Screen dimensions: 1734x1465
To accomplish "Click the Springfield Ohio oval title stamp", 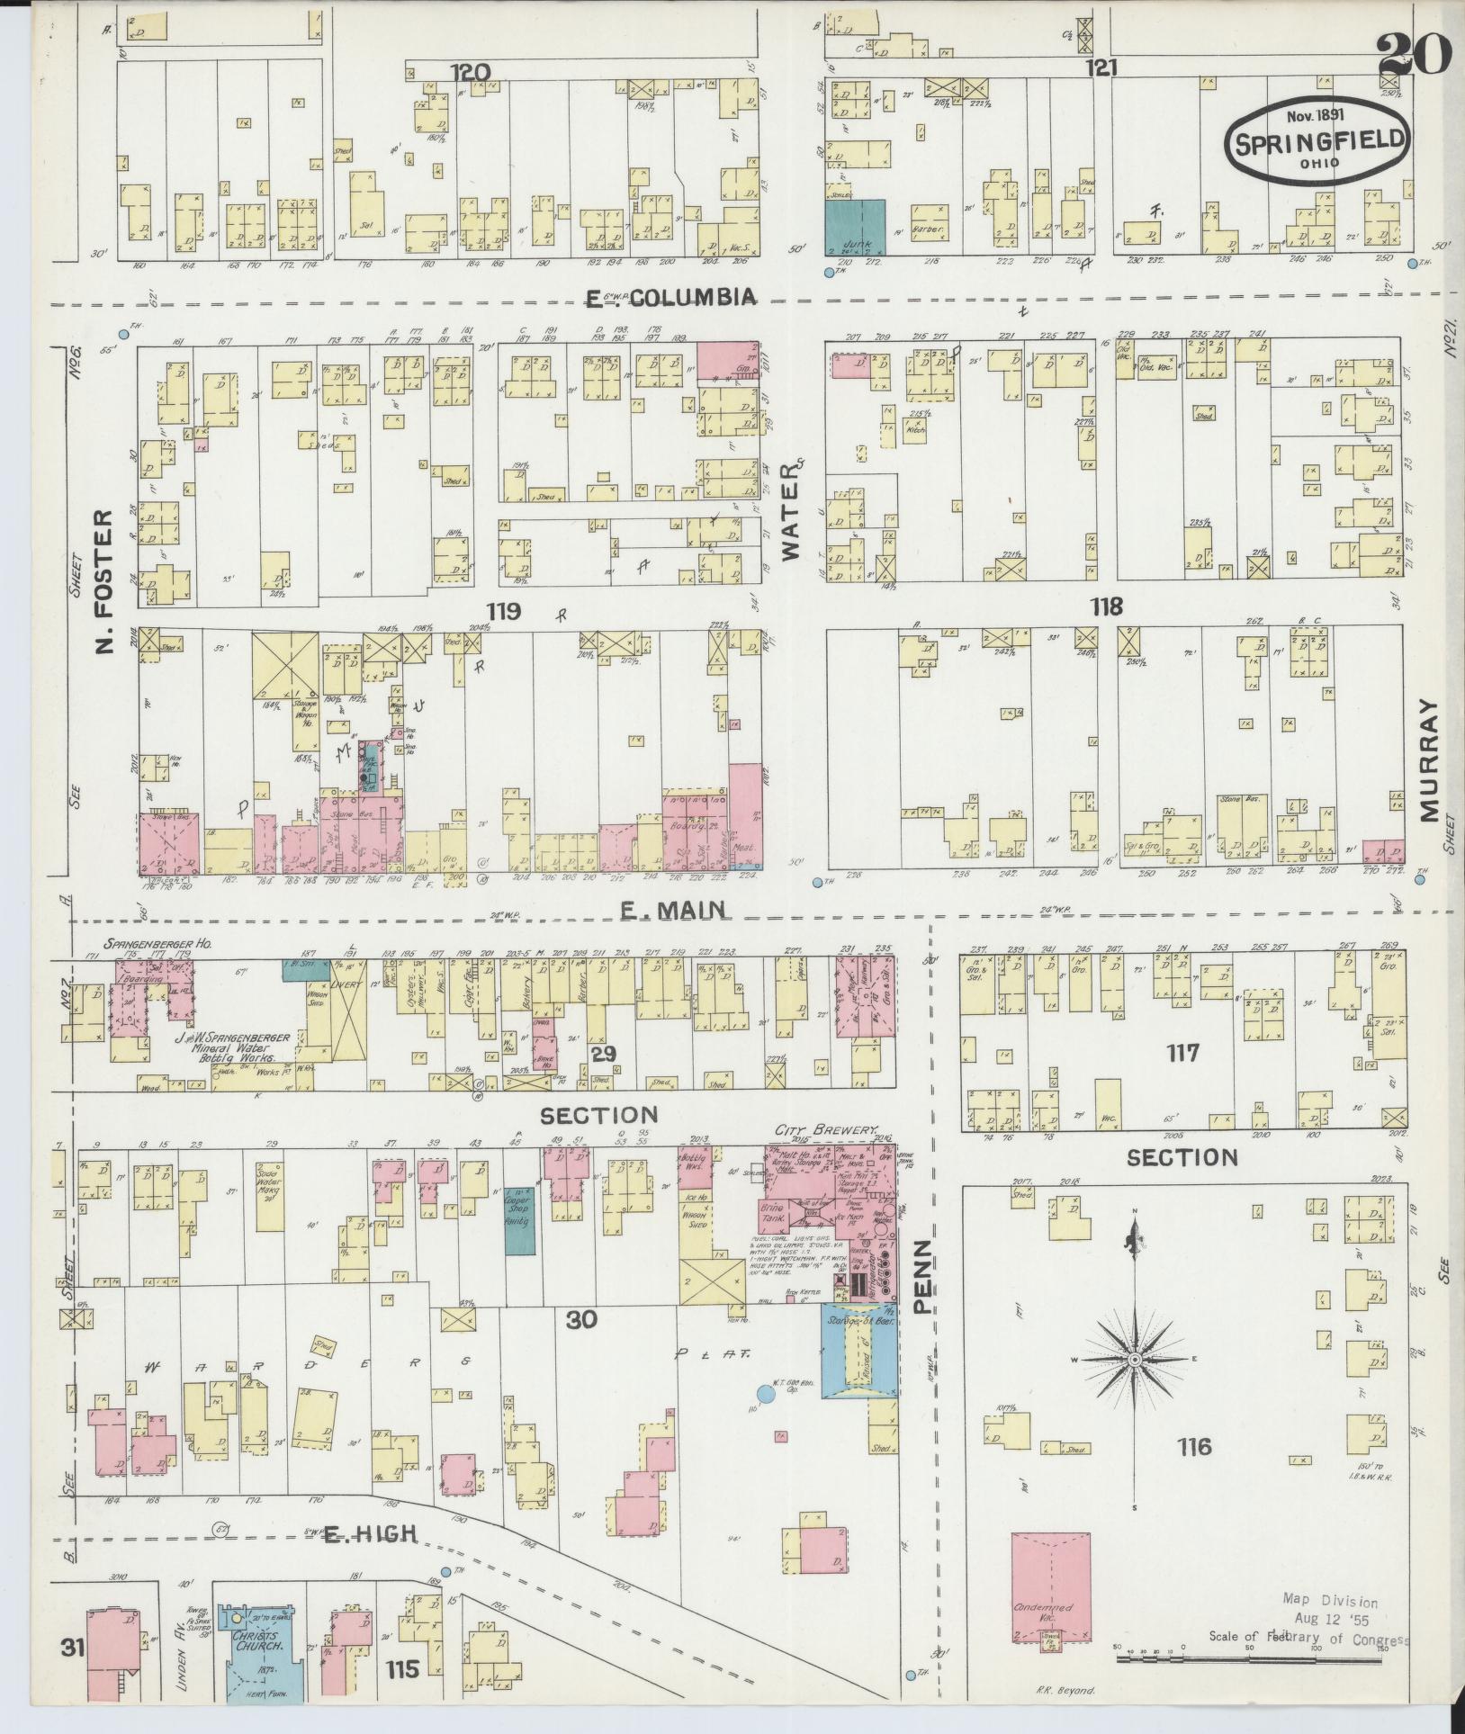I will tap(1316, 139).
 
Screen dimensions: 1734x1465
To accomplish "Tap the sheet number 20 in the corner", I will tap(1415, 56).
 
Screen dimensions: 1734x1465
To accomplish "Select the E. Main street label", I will tap(674, 910).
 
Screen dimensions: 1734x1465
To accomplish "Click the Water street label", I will tap(791, 512).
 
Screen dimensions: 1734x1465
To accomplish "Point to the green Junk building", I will tap(855, 228).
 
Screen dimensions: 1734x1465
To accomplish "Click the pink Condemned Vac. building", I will tap(1052, 1585).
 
